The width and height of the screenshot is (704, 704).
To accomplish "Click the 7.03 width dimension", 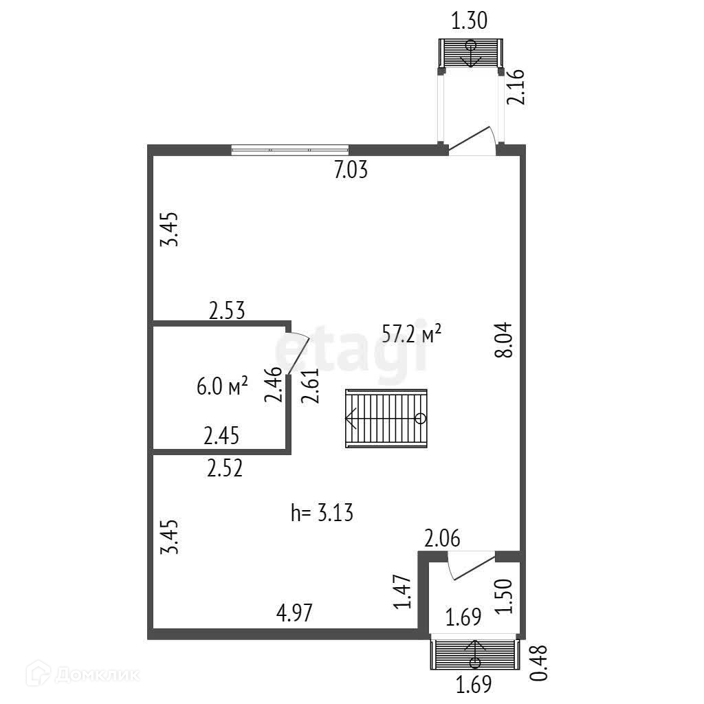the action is (351, 169).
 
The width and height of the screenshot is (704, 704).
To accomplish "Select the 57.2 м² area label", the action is (411, 334).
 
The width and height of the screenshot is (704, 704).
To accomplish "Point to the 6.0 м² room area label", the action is (222, 387).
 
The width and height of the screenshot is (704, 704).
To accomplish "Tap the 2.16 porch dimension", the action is (517, 87).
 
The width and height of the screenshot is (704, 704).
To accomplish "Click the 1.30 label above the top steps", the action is (470, 21).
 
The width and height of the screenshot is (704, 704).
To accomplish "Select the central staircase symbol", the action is (386, 418).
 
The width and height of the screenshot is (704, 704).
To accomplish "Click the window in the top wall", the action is (289, 149).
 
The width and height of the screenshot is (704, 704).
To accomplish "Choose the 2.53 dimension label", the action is (228, 310).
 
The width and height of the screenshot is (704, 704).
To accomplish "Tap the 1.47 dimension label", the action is (404, 592).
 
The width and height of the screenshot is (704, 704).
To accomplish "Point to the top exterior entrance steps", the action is (471, 53).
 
